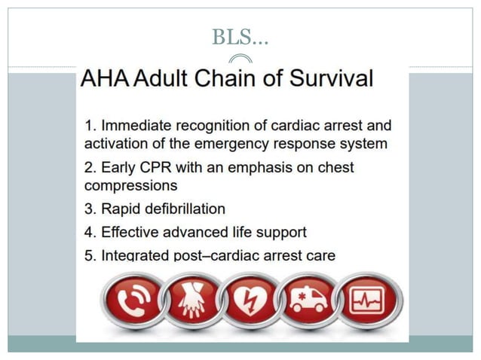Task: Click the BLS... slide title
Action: [x=240, y=36]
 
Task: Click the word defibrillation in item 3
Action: [x=181, y=209]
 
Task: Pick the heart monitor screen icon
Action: [x=368, y=301]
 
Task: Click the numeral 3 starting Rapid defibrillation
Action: [x=88, y=209]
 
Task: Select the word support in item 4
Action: [x=279, y=233]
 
